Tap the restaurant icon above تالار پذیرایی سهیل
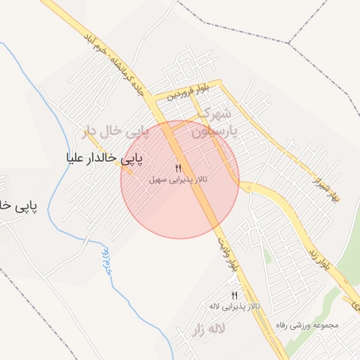coord(178,167)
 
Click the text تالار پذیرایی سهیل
coord(179,180)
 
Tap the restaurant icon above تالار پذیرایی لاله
coord(235,295)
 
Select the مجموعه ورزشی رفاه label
coord(308,326)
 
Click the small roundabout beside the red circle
coord(248,186)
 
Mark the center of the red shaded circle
coord(180,180)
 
